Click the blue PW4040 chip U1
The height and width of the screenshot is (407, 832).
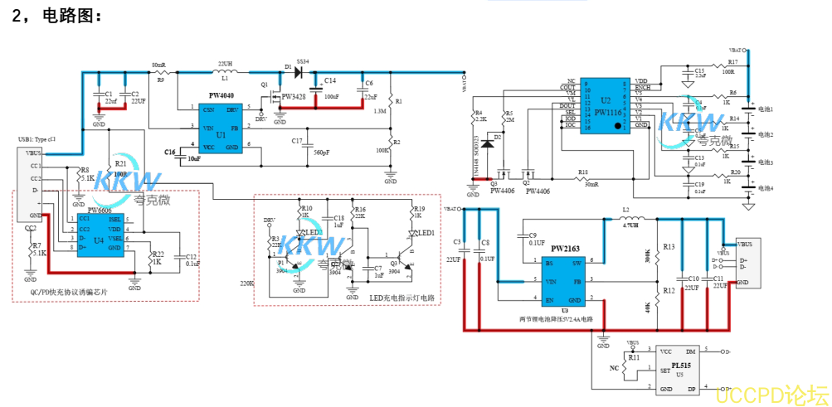pos(220,128)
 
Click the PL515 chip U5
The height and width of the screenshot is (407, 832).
pos(679,370)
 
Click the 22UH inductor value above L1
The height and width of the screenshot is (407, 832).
pos(225,63)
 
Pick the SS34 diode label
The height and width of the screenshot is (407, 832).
pos(303,62)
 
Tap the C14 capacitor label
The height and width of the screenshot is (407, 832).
pos(330,81)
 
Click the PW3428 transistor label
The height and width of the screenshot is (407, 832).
pos(293,97)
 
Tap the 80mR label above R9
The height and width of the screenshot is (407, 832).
pos(158,64)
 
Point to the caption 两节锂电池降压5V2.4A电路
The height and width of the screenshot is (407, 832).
pos(555,318)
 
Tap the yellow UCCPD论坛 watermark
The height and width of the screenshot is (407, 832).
pos(771,393)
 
